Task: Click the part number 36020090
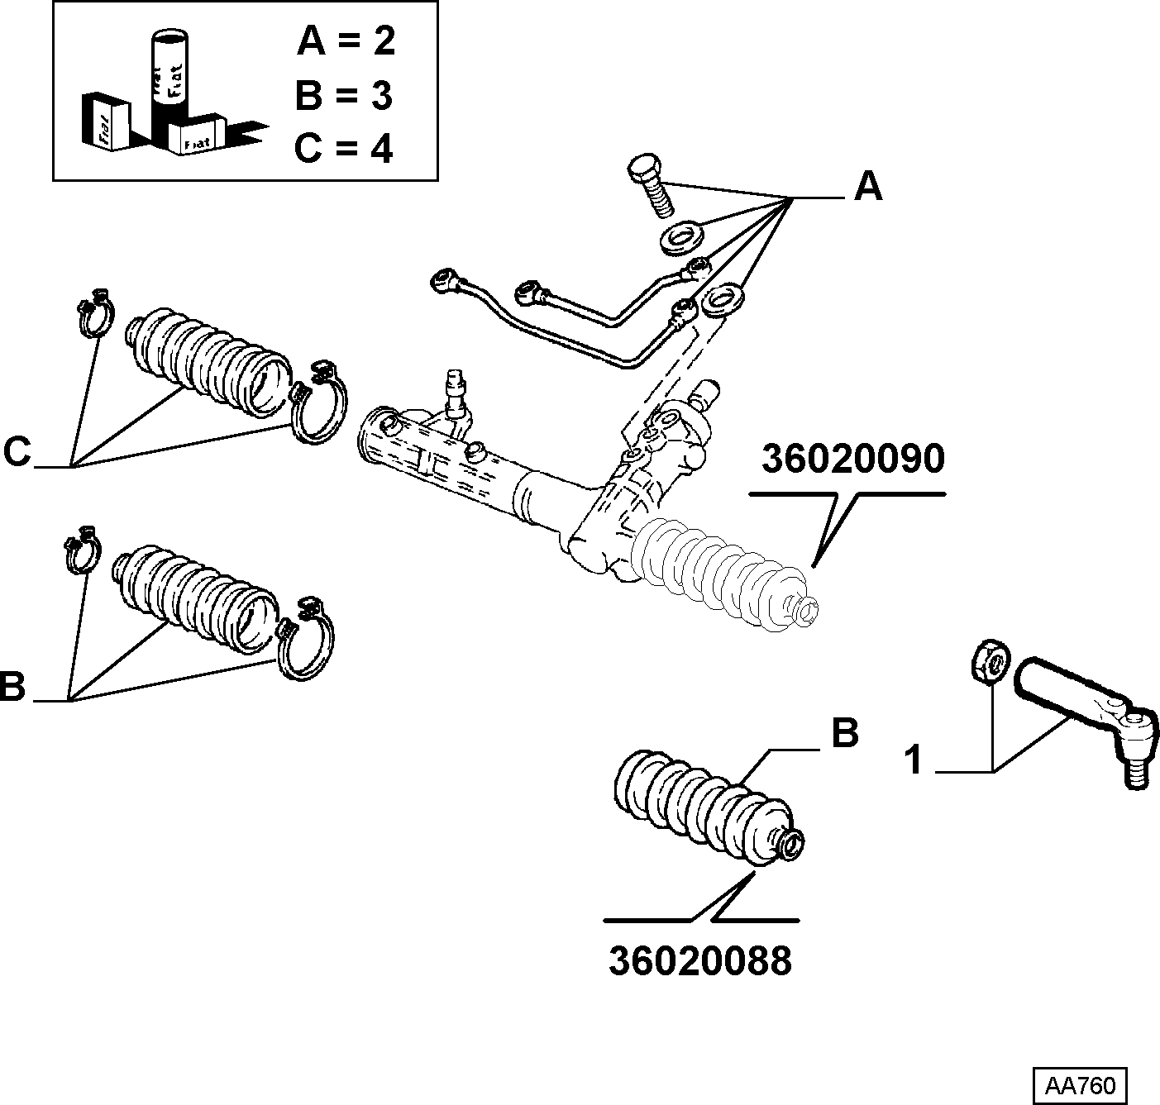852,460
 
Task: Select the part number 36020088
699,961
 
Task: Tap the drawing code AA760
1080,1086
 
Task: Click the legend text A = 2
346,41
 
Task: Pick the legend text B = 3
344,95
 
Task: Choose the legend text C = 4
343,147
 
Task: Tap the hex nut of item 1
991,662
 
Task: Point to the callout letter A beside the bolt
868,187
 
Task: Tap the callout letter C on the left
17,453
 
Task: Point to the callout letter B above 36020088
845,733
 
